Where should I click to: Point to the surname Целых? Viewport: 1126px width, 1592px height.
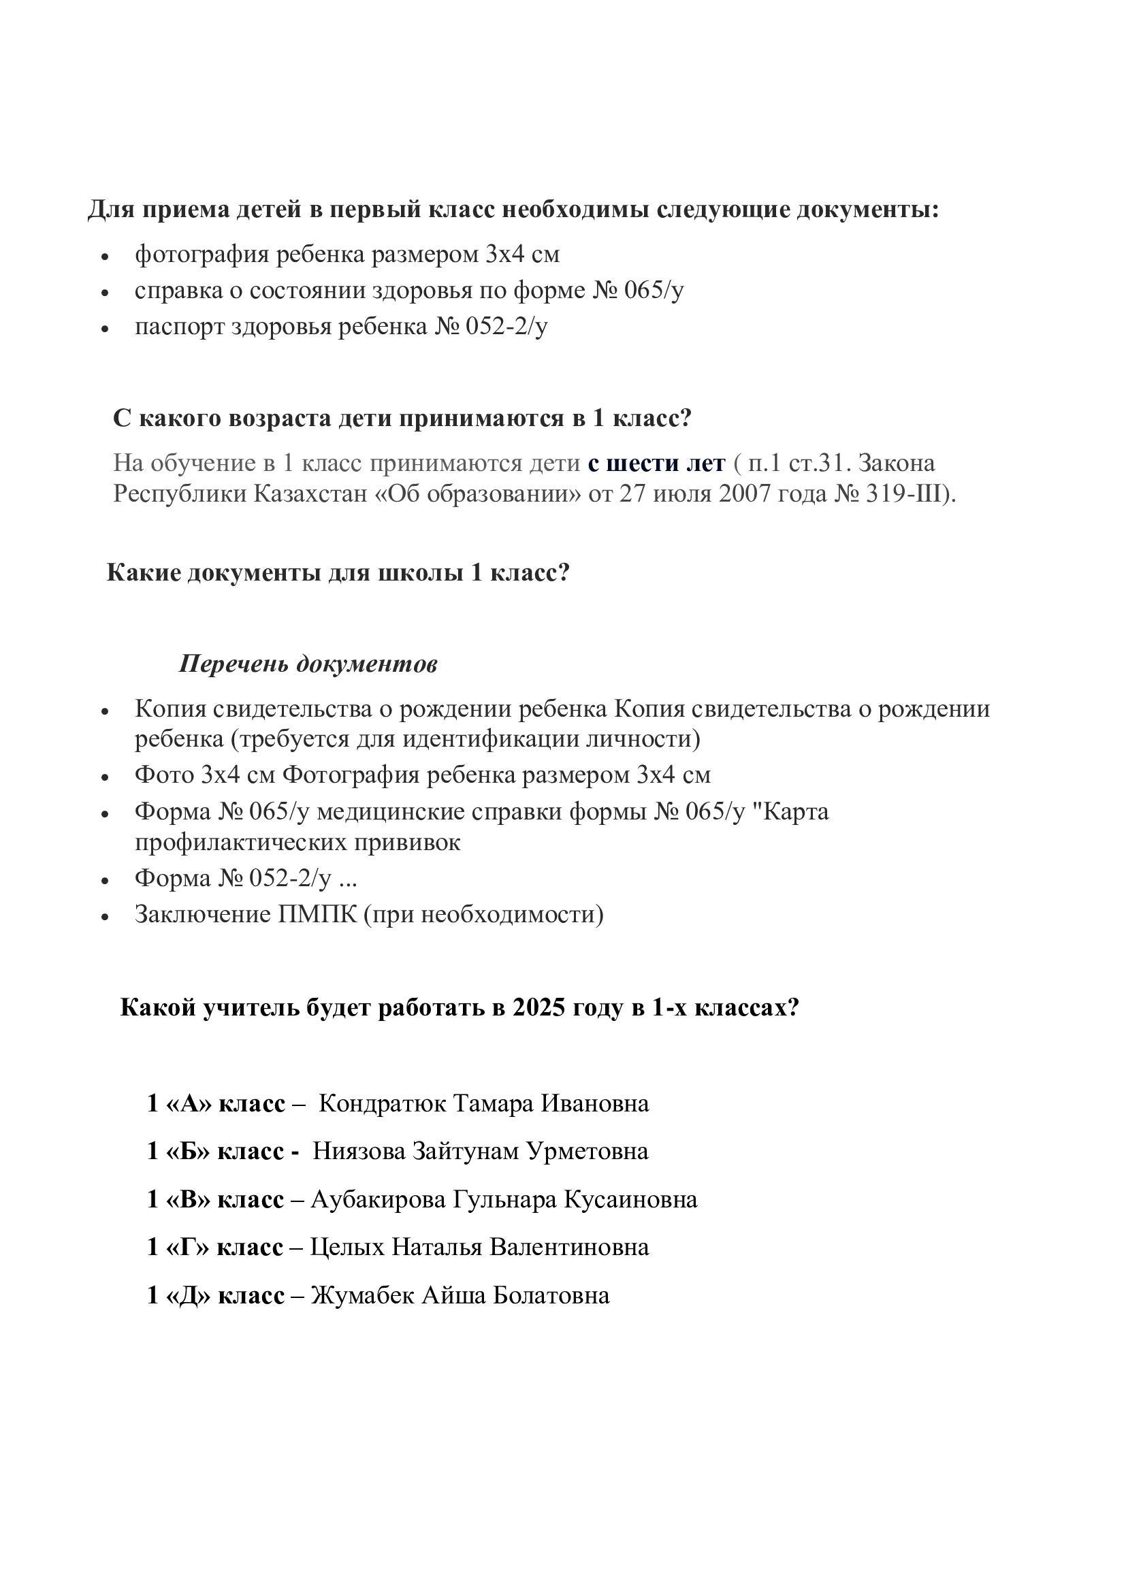coord(347,1247)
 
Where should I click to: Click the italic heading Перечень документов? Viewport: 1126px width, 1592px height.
coord(308,664)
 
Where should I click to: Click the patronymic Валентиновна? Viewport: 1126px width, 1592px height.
coord(569,1247)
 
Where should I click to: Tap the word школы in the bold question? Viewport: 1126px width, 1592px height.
coord(421,572)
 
